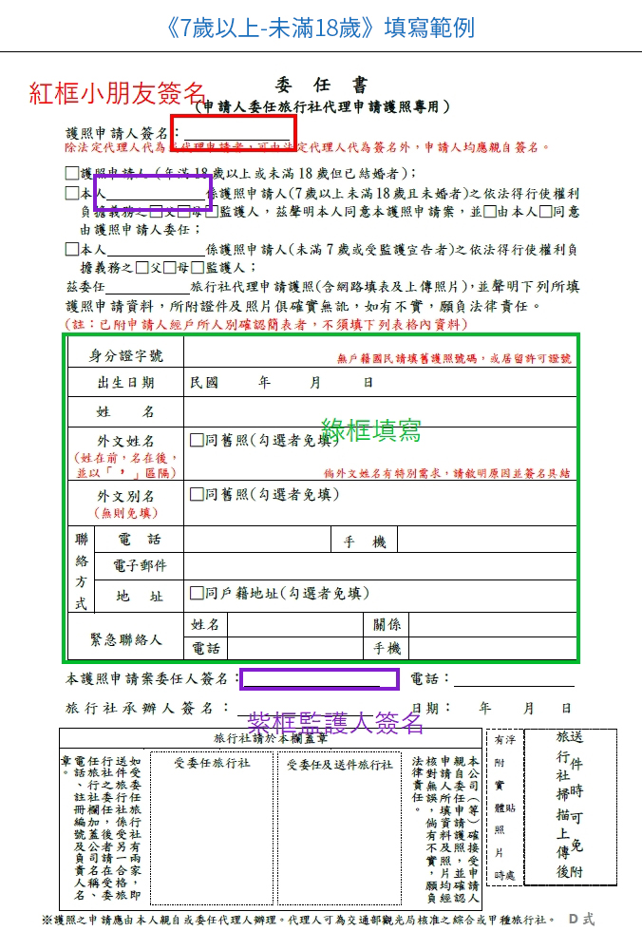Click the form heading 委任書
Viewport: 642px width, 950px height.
click(x=320, y=85)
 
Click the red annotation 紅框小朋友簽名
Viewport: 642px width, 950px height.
click(x=117, y=92)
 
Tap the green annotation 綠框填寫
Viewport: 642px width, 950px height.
click(x=371, y=429)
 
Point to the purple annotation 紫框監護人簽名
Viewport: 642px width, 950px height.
click(x=335, y=723)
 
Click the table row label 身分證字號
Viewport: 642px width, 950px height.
click(x=126, y=356)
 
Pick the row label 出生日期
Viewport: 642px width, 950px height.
click(x=126, y=383)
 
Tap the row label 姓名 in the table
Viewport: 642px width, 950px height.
click(x=126, y=411)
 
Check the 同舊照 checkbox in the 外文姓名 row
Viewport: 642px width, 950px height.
click(x=198, y=440)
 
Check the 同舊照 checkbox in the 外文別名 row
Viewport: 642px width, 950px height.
click(x=198, y=494)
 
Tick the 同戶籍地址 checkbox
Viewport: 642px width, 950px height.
click(x=198, y=594)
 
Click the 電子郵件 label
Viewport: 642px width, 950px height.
click(x=140, y=566)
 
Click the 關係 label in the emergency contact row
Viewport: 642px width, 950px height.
click(x=387, y=624)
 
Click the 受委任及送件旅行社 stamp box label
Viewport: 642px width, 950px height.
click(x=339, y=763)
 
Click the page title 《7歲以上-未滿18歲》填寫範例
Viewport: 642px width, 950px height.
click(x=320, y=27)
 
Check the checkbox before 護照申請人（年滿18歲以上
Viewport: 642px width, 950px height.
click(x=72, y=173)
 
